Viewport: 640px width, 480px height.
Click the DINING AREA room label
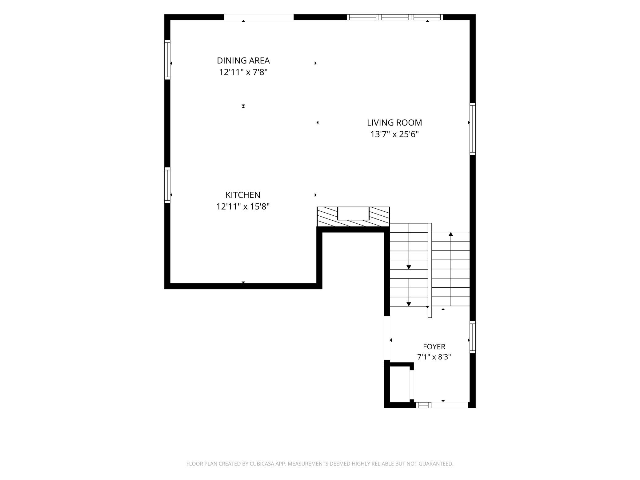[243, 60]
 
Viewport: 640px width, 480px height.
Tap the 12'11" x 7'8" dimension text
[243, 72]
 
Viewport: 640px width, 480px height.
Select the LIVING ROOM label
[394, 122]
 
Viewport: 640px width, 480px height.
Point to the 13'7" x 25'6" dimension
[394, 134]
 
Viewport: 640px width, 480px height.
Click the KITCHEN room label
[243, 195]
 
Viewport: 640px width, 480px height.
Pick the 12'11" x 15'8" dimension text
[243, 206]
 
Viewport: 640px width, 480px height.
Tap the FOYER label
[434, 347]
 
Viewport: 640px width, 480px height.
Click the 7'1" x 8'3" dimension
[434, 357]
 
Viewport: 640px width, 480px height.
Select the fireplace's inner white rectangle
[353, 214]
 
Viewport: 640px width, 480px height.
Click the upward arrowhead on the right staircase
[451, 234]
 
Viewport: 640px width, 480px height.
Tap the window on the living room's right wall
[473, 129]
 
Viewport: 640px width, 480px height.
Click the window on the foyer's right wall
[473, 337]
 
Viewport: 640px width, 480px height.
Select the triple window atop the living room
[395, 17]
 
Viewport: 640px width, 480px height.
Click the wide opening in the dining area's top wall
[259, 17]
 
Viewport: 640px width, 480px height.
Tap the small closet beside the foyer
[400, 385]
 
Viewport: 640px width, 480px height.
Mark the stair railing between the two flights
[430, 270]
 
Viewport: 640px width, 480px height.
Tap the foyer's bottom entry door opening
[450, 405]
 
